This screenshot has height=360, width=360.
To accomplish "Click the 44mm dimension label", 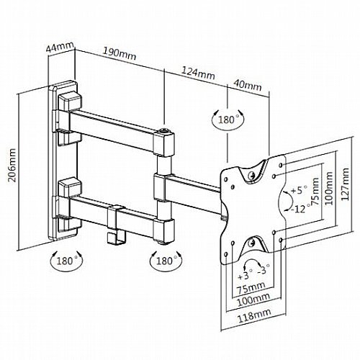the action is point(60,48).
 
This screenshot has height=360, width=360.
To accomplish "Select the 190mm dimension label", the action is point(120,53).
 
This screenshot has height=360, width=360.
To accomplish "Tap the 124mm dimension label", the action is point(198,73).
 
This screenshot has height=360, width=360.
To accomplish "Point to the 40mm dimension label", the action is point(248,85).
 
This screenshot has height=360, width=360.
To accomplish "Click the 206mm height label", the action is point(12,166).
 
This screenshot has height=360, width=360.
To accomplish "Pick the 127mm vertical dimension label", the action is point(345,184).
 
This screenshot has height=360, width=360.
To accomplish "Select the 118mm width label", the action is point(254,315).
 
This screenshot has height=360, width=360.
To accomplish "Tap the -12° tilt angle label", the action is point(300,209).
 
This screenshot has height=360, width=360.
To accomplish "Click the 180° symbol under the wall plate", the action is point(66,261).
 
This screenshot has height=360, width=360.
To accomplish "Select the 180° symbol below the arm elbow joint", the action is point(166,261).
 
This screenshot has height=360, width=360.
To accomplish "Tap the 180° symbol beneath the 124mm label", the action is point(228,120).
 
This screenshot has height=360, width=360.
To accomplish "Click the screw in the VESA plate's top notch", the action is point(251,175).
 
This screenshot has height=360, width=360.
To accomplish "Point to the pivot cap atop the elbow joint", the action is point(164,132).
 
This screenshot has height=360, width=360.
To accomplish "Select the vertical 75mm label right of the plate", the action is point(315,192).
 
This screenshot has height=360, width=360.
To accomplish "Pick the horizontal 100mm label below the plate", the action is point(253,300).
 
